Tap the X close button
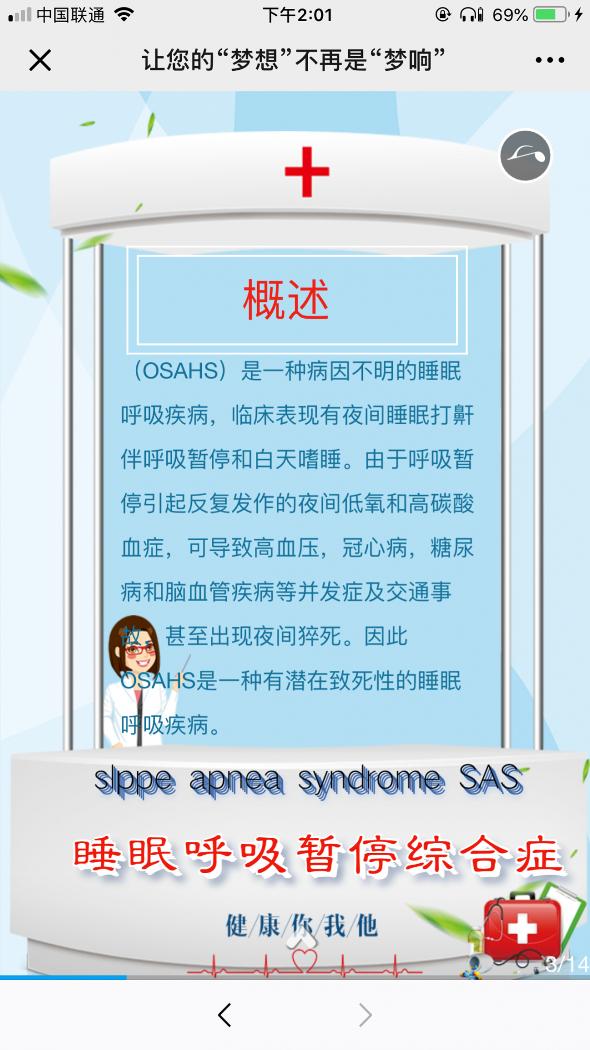[x=40, y=60]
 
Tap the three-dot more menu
[x=550, y=60]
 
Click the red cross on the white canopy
[x=307, y=172]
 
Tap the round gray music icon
[x=525, y=155]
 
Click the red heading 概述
[x=286, y=299]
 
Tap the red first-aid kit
[x=522, y=926]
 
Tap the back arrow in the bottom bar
[x=224, y=1015]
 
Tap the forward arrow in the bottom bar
[x=366, y=1015]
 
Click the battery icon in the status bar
[x=552, y=15]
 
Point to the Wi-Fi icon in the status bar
[x=124, y=14]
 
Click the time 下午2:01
[x=297, y=15]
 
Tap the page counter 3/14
[x=566, y=964]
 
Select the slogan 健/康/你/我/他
[x=302, y=925]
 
